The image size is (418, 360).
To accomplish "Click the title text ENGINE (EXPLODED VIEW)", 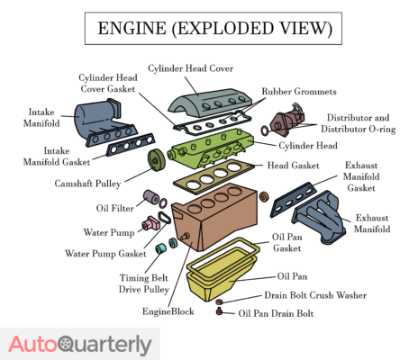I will click(x=208, y=30).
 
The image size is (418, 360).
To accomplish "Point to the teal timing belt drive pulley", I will click(x=164, y=247).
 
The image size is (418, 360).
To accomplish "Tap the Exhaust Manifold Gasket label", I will click(x=368, y=177).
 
